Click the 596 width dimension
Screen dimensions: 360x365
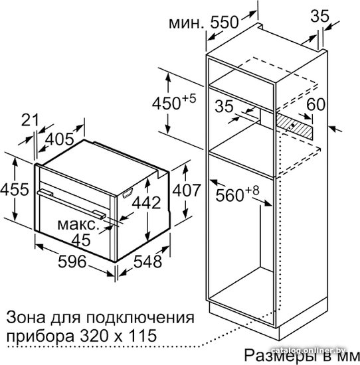72,261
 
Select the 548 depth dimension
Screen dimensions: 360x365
147,261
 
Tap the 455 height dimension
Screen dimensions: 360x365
15,189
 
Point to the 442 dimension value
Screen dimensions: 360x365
147,202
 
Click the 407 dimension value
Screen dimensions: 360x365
187,190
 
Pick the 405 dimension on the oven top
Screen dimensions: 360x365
60,139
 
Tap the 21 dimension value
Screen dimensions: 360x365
30,121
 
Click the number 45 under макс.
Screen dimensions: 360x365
81,240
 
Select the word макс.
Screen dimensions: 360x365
77,224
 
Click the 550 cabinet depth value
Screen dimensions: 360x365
225,23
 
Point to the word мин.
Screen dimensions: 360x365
186,23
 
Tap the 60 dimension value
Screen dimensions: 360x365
315,104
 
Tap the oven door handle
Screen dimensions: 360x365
71,203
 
